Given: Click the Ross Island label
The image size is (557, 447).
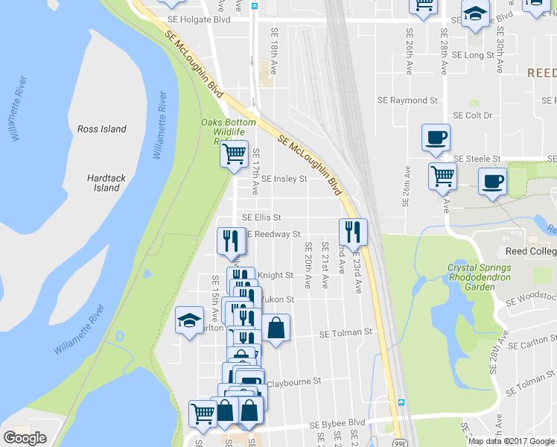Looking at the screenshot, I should click(102, 129).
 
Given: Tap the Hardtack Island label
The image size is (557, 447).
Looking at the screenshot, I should click(106, 183).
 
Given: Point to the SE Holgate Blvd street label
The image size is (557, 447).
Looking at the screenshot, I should click(199, 19).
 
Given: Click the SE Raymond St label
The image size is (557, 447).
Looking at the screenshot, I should click(407, 100).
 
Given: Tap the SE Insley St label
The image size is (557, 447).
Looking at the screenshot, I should click(284, 179).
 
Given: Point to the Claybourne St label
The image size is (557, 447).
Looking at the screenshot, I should click(293, 380).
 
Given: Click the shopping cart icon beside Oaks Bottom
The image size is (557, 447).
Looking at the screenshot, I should click(234, 154).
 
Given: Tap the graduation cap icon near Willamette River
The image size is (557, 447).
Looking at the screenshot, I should click(189, 320).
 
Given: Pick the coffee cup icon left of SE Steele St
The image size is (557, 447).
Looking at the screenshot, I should click(436, 137).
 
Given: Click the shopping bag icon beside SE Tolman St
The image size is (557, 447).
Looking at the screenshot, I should click(276, 327).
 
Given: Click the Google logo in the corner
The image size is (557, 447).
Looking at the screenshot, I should click(25, 438).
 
